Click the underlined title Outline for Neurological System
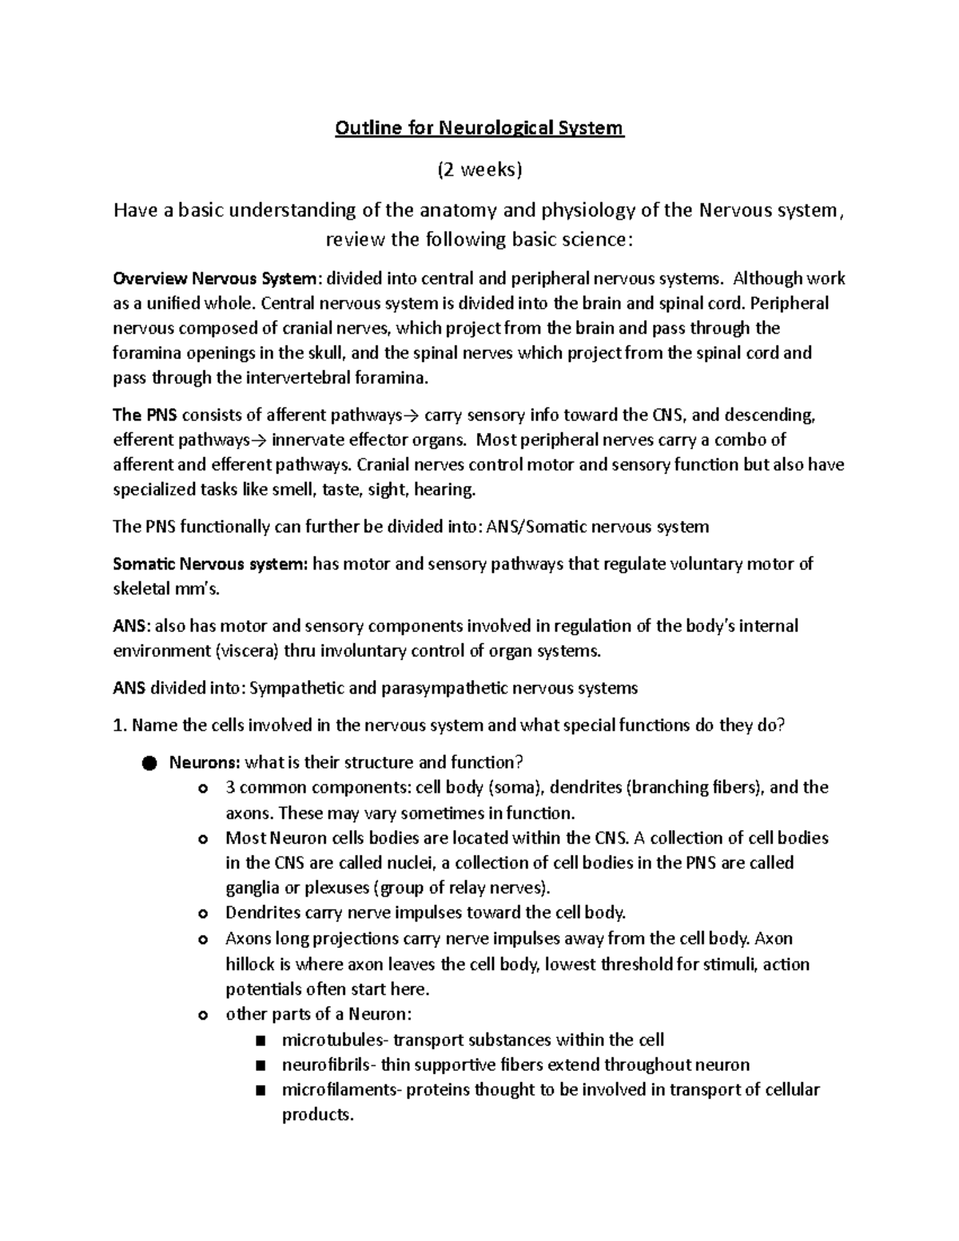(479, 128)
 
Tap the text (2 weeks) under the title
(479, 169)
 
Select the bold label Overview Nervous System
(216, 279)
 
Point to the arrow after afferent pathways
(412, 416)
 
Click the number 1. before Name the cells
(120, 726)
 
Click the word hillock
(251, 964)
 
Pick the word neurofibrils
(327, 1064)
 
